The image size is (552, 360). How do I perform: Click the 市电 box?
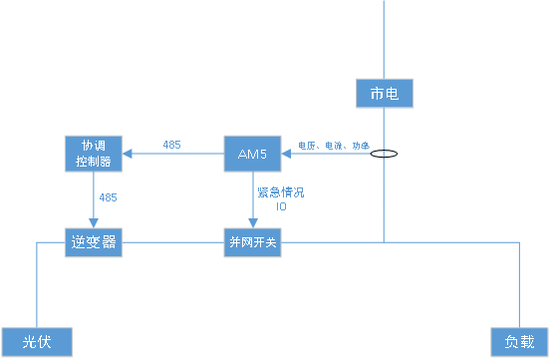(x=384, y=94)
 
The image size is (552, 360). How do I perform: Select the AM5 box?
(x=252, y=154)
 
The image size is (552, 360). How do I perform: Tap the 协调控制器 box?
(x=93, y=154)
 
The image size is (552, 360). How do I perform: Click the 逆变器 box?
(x=94, y=241)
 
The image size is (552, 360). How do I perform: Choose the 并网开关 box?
(x=252, y=242)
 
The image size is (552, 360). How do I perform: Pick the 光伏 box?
(x=37, y=342)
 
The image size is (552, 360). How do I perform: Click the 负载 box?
(x=520, y=342)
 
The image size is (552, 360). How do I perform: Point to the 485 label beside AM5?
(x=171, y=146)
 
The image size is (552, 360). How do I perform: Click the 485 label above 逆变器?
(x=108, y=197)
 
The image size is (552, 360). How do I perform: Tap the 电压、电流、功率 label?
(x=333, y=146)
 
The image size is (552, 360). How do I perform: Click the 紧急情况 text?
(x=280, y=192)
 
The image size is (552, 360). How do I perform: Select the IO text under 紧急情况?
(x=280, y=206)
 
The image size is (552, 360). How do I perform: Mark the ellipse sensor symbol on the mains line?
(x=385, y=155)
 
